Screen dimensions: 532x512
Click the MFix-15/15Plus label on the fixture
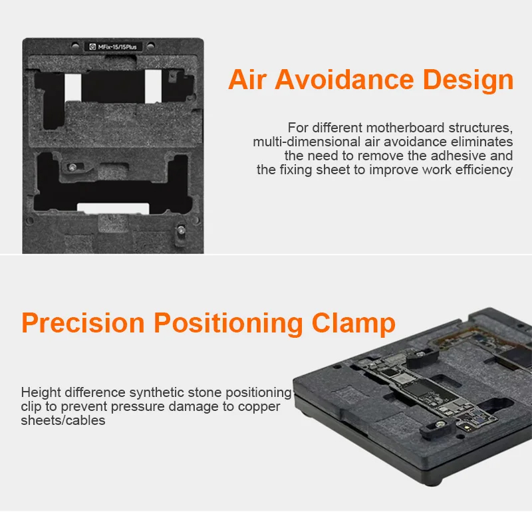click(118, 47)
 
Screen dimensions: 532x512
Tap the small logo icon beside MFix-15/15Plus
click(92, 47)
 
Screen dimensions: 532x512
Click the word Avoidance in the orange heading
click(344, 80)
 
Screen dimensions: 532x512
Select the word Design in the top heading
click(468, 80)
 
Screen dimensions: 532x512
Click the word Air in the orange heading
click(247, 80)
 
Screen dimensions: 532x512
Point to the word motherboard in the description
click(406, 128)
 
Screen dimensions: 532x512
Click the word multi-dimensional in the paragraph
click(307, 142)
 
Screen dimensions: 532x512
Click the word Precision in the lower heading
click(82, 322)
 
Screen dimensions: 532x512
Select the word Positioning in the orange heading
click(228, 323)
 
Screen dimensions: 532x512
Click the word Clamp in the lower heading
click(353, 323)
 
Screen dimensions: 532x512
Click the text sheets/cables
click(63, 420)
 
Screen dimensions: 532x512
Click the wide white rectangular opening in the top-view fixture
click(113, 209)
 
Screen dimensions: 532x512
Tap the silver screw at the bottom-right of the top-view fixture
click(182, 231)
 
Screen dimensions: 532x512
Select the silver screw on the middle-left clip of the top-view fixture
click(72, 167)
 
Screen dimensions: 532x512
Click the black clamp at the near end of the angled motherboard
click(436, 428)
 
